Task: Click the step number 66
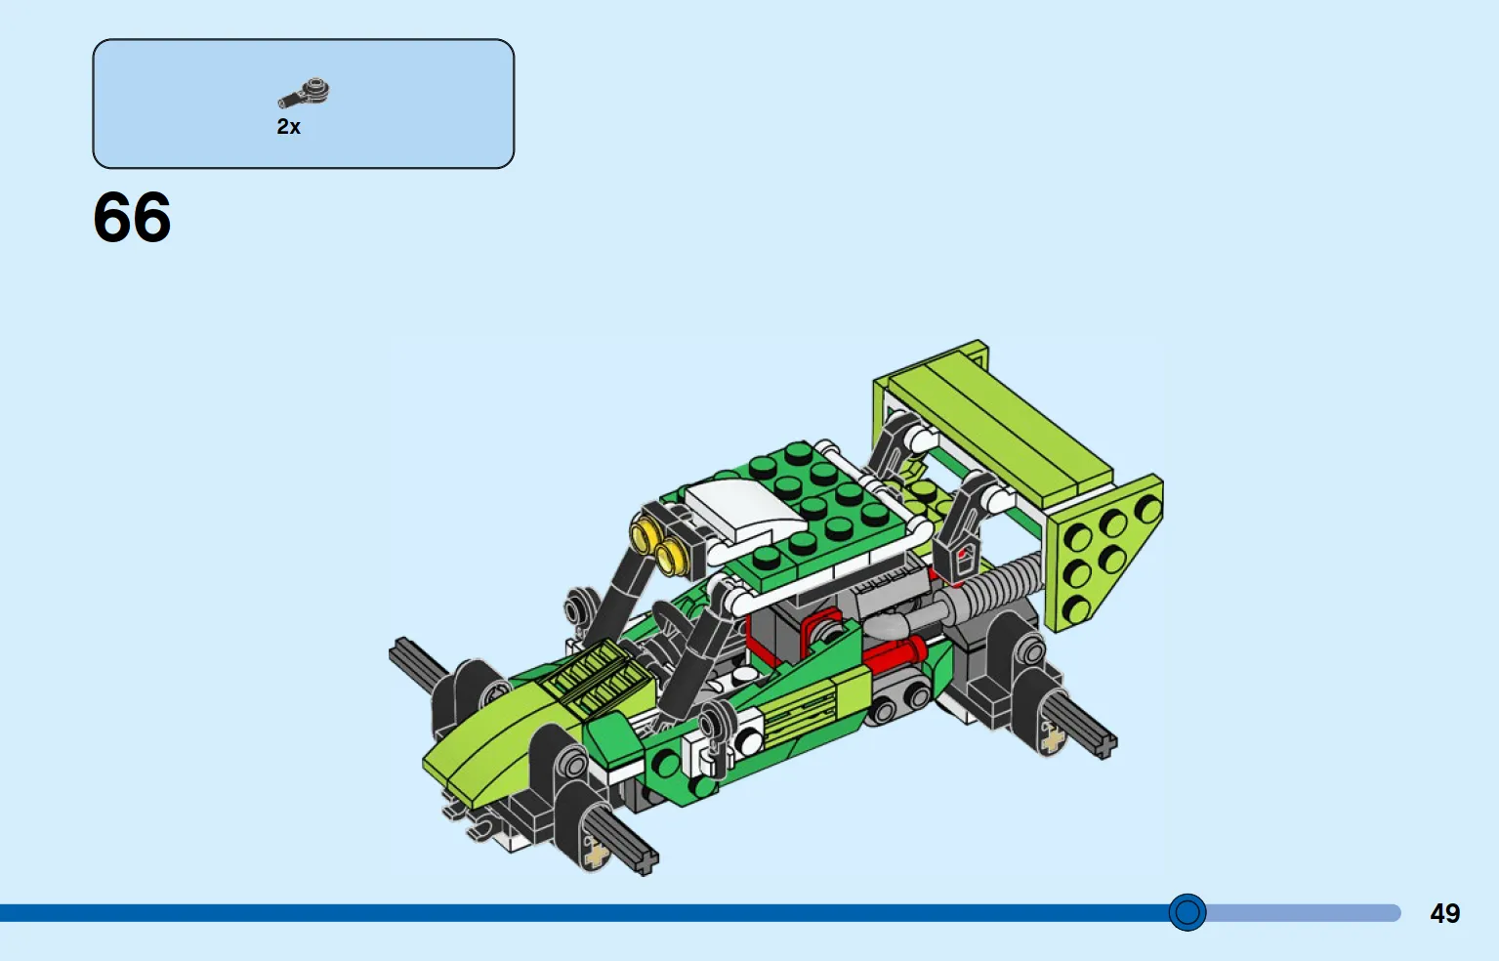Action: coord(132,217)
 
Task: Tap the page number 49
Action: coord(1444,913)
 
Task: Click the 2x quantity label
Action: coord(288,127)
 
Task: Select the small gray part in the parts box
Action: coord(304,93)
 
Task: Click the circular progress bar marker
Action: coord(1187,912)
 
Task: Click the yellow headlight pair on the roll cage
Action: coord(657,545)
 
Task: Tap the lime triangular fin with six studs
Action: coord(1104,552)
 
